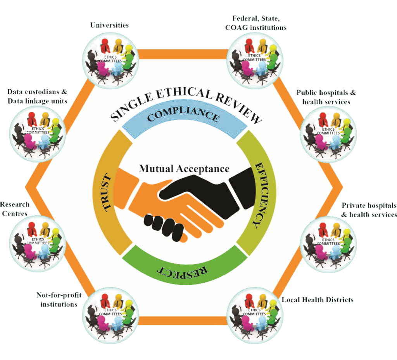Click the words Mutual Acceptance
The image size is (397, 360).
pyautogui.click(x=184, y=169)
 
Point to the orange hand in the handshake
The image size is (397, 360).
pyautogui.click(x=163, y=202)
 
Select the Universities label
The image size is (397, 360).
pyautogui.click(x=109, y=26)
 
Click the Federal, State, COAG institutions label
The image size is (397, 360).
pyautogui.click(x=259, y=23)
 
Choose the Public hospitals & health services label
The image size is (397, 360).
pyautogui.click(x=326, y=97)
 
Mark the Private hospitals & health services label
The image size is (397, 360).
pyautogui.click(x=368, y=210)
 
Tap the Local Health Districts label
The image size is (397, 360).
pyautogui.click(x=318, y=300)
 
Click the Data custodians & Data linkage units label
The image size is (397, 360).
pyautogui.click(x=37, y=96)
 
